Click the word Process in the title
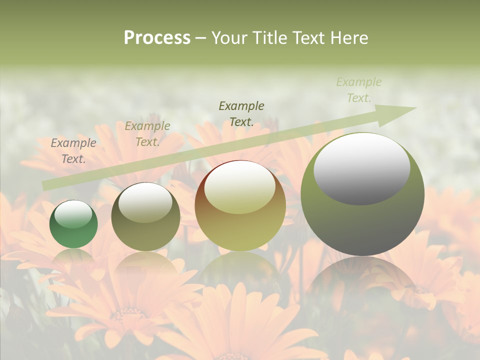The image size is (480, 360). click(157, 38)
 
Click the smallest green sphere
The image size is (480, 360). click(73, 224)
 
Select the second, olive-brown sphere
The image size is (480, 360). click(145, 217)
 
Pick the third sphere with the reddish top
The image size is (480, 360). click(240, 206)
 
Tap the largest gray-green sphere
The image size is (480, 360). click(362, 194)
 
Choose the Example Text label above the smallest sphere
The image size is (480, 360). click(73, 151)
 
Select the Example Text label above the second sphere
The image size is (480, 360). click(147, 134)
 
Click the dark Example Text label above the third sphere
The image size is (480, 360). click(241, 113)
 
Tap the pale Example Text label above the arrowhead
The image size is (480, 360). click(359, 90)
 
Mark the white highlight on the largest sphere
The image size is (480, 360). click(362, 168)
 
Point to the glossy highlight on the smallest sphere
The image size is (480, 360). click(73, 214)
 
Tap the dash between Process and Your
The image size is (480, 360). click(201, 38)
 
